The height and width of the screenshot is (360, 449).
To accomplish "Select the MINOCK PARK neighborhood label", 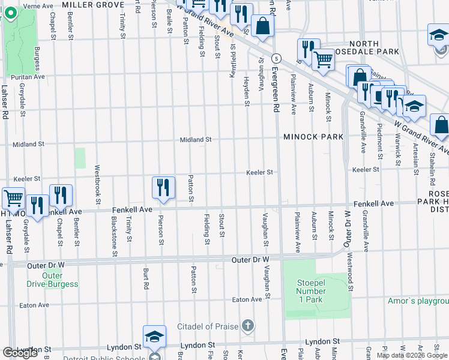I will coord(314,137).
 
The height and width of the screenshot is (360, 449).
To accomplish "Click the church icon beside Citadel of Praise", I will coord(248,326).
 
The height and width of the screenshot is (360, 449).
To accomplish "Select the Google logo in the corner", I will coord(20,352).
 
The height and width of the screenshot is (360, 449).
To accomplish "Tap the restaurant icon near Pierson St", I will coord(163,187).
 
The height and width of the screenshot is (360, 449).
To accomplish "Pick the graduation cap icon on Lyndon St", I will coord(154,336).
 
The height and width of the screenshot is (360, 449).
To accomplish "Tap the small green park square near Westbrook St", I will coord(80,158).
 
